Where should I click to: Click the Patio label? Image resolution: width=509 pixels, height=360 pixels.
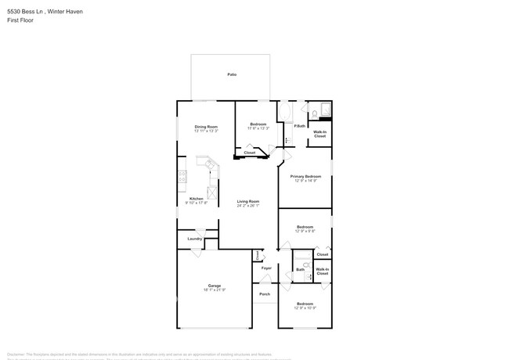point(232,75)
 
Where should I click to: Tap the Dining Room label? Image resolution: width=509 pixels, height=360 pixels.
point(206,125)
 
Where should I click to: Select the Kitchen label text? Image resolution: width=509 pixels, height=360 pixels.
point(197,198)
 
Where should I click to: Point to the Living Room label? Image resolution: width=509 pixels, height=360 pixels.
point(248,201)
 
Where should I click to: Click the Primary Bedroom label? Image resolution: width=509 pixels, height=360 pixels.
point(305,176)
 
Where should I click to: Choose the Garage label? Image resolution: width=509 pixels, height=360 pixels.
point(215,285)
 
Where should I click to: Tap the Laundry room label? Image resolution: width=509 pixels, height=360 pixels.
point(195,239)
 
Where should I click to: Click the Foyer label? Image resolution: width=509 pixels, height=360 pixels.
point(266,268)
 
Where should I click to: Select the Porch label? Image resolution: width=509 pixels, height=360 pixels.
point(265,294)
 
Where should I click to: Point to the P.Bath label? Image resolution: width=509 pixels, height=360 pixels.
point(299,125)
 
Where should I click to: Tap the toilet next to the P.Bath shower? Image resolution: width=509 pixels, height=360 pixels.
point(312,115)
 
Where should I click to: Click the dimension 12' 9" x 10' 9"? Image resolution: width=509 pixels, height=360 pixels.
point(305,308)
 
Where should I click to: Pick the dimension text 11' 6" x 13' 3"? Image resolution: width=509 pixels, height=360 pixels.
point(258,128)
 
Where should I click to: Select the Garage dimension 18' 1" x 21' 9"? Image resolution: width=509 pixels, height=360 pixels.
point(215,290)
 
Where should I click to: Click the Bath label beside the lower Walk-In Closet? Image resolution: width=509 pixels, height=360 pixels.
point(300,269)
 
